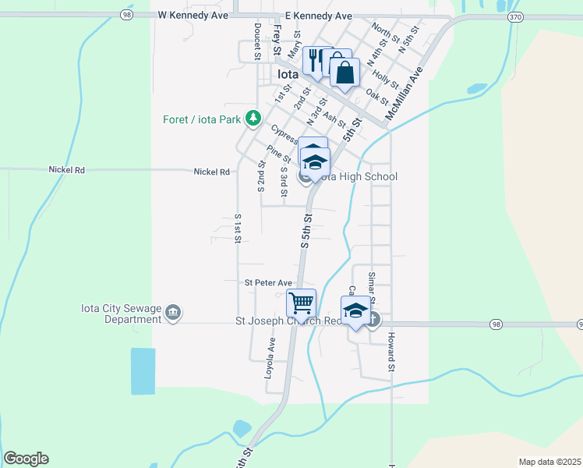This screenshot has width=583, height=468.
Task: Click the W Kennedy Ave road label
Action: tap(193, 15)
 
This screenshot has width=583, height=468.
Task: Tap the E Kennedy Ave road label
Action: tap(318, 15)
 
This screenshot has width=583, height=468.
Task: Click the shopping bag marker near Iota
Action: tap(344, 73)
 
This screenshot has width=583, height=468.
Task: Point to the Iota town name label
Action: tap(288, 74)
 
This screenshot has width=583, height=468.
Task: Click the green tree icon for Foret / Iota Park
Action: tap(253, 119)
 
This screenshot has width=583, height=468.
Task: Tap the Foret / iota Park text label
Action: tap(202, 119)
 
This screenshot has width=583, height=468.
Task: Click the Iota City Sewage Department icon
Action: tap(173, 314)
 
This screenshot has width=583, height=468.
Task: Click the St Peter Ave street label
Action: tap(267, 283)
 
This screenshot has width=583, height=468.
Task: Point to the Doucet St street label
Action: tap(256, 41)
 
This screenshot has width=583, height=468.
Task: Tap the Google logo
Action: tap(26, 459)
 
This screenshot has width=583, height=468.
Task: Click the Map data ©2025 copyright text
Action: tap(550, 462)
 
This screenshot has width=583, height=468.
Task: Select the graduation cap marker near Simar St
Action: tap(355, 310)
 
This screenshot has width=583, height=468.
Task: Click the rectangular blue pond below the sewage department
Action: tap(143, 370)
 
